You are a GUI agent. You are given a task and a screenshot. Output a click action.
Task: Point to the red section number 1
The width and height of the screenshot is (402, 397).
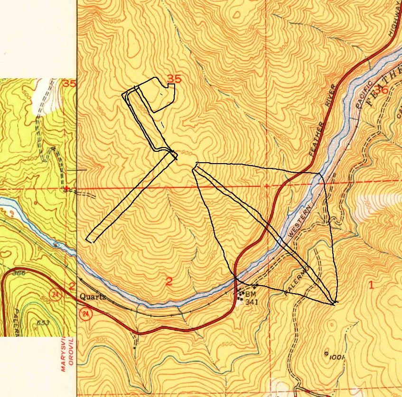point(371,285)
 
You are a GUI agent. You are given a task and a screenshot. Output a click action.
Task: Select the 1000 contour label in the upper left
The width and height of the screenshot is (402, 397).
point(114,21)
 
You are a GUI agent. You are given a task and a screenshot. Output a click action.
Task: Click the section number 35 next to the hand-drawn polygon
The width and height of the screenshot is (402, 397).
point(174,79)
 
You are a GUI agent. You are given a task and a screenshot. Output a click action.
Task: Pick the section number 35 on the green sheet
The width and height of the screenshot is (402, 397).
point(69,84)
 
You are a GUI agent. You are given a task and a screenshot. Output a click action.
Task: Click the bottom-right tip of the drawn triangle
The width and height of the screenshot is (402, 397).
point(335,302)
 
